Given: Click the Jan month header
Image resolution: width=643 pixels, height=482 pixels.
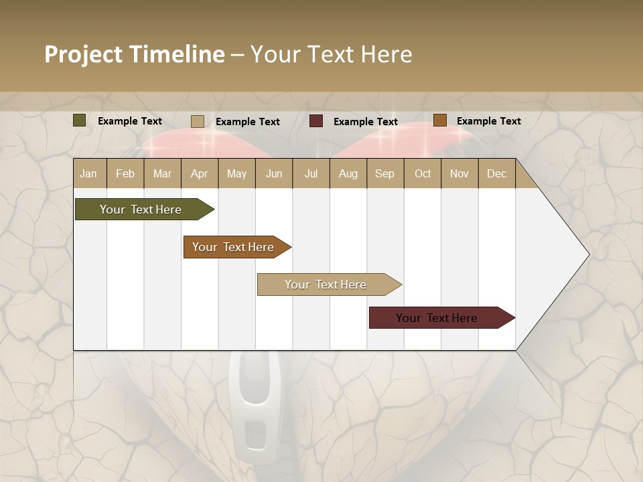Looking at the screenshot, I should point(88,173).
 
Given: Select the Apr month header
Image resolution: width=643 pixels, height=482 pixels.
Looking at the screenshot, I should point(199,173).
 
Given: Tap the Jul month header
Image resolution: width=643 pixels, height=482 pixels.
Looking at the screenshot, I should point(311,173).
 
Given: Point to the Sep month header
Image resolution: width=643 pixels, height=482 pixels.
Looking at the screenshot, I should point(384,173).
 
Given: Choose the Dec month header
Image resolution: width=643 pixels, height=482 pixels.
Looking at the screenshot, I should point(496,173).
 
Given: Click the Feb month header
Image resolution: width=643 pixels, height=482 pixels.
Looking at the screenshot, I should point(125,173).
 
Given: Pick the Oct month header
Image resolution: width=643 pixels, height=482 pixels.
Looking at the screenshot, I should point(423,173).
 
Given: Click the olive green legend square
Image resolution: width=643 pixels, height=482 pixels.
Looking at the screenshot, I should point(80,120).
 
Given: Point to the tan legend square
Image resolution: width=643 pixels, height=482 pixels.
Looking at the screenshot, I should point(198,121).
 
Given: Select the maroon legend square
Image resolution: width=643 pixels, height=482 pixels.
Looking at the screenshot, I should point(316,121).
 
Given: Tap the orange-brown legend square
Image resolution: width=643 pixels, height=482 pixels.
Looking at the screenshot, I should point(439,120).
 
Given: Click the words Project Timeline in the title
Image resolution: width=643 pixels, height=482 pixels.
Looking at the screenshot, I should point(134,54).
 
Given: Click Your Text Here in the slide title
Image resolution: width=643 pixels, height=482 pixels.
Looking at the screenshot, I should point(331,54).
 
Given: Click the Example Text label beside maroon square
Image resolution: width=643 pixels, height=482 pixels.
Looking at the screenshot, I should point(365,122).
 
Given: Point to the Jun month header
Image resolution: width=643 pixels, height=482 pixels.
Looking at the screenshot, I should point(274,173).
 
